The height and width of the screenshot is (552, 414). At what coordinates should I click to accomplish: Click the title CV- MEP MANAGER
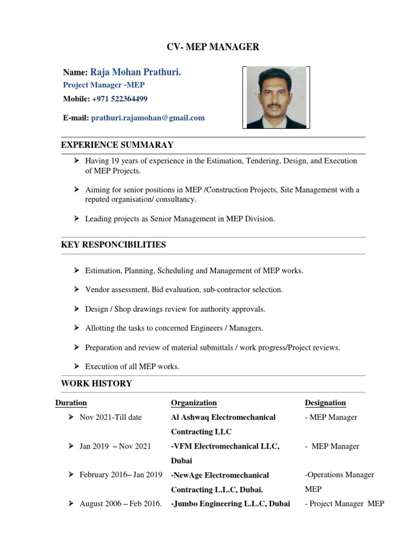coord(212,47)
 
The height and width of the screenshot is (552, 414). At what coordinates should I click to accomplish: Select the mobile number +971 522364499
coord(120,99)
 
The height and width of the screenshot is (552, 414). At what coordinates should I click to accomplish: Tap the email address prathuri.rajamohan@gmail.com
coord(148,118)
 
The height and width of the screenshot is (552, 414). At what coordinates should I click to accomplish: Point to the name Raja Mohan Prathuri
coord(135,72)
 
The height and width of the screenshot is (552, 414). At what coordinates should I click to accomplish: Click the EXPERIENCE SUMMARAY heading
coord(117,145)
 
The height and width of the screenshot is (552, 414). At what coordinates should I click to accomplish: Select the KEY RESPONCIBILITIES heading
coord(113,245)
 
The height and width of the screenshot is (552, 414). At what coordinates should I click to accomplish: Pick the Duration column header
coord(71,403)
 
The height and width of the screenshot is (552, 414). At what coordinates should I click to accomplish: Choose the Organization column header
coord(194,403)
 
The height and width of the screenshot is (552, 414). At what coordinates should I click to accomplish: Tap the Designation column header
coord(325,403)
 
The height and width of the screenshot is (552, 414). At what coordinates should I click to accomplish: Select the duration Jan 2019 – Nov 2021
coord(115,446)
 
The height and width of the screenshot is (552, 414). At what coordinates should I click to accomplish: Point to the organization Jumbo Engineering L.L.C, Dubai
coord(231,504)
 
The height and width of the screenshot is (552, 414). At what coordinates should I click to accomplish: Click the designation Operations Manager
coord(340,475)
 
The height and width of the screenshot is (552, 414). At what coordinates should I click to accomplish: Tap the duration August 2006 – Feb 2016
coord(120,504)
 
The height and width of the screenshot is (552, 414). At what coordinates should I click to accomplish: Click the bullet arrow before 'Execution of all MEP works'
coord(77,366)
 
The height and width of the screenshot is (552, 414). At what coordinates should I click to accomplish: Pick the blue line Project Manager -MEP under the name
coord(104,85)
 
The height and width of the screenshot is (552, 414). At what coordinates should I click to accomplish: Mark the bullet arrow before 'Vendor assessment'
coord(77,289)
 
